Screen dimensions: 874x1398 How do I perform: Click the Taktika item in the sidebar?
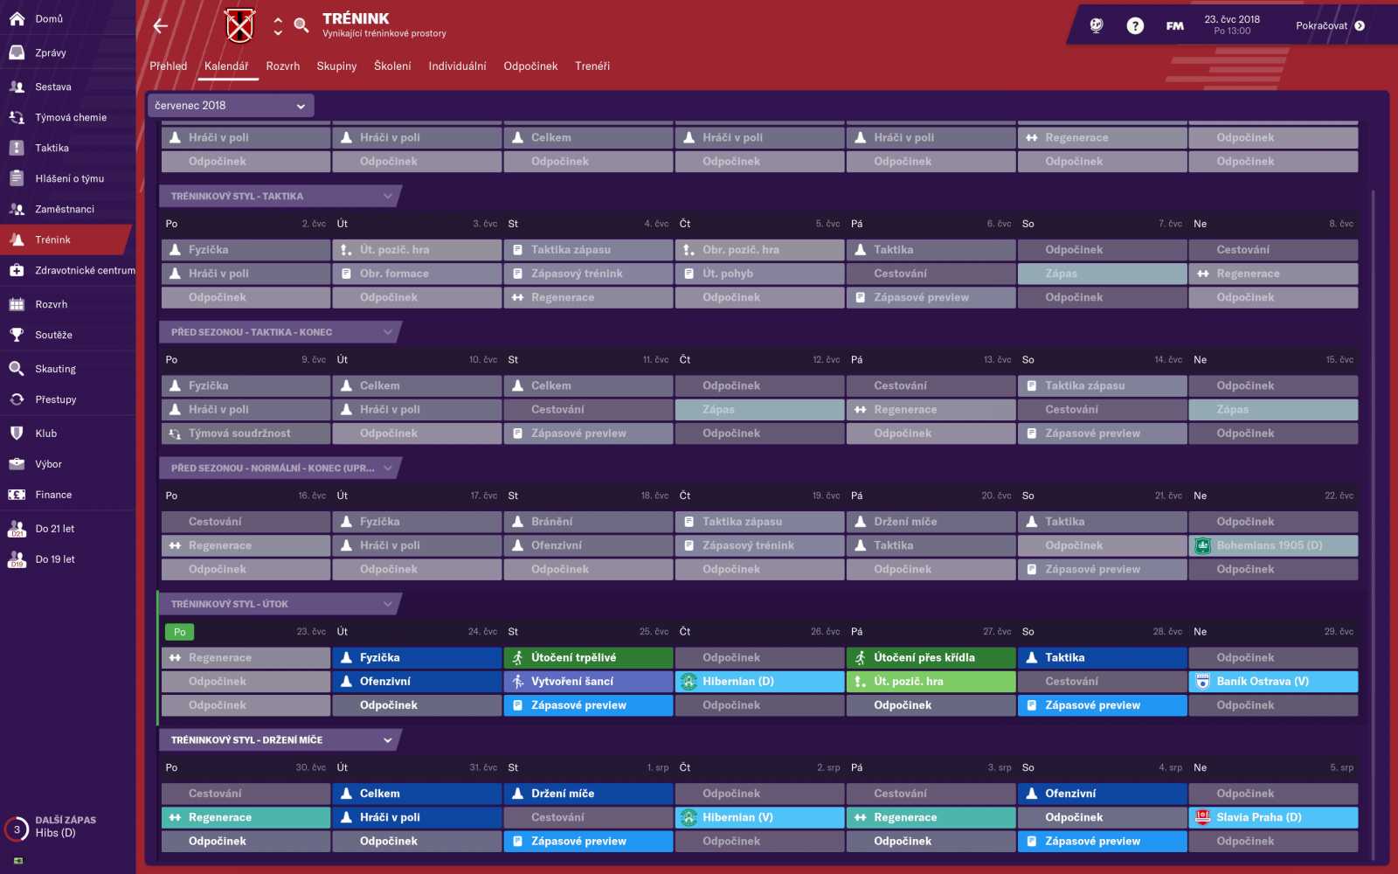(x=52, y=149)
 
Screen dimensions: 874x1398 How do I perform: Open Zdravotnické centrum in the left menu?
(x=84, y=271)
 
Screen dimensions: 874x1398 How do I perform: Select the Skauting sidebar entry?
(x=55, y=370)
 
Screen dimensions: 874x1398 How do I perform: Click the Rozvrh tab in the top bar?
(x=282, y=66)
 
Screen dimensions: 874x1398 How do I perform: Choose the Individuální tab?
(x=457, y=66)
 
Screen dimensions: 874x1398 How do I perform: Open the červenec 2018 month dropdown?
(x=230, y=106)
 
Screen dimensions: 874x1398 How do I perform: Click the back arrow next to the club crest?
(x=161, y=26)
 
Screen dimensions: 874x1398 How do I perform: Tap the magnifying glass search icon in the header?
(x=301, y=25)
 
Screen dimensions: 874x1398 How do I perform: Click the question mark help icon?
(x=1135, y=26)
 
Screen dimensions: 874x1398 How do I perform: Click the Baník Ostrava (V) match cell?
(x=1274, y=682)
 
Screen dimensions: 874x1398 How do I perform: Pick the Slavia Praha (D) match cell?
(x=1274, y=818)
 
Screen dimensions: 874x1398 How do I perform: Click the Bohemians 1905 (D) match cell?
(x=1274, y=546)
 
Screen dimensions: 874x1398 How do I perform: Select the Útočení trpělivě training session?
(x=588, y=658)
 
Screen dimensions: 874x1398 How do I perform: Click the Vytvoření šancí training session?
(x=588, y=682)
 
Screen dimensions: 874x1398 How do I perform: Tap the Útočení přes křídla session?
(x=931, y=658)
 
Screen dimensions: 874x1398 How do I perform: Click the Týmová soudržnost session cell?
(x=246, y=434)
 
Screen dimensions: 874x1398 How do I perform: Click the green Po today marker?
(x=179, y=632)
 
